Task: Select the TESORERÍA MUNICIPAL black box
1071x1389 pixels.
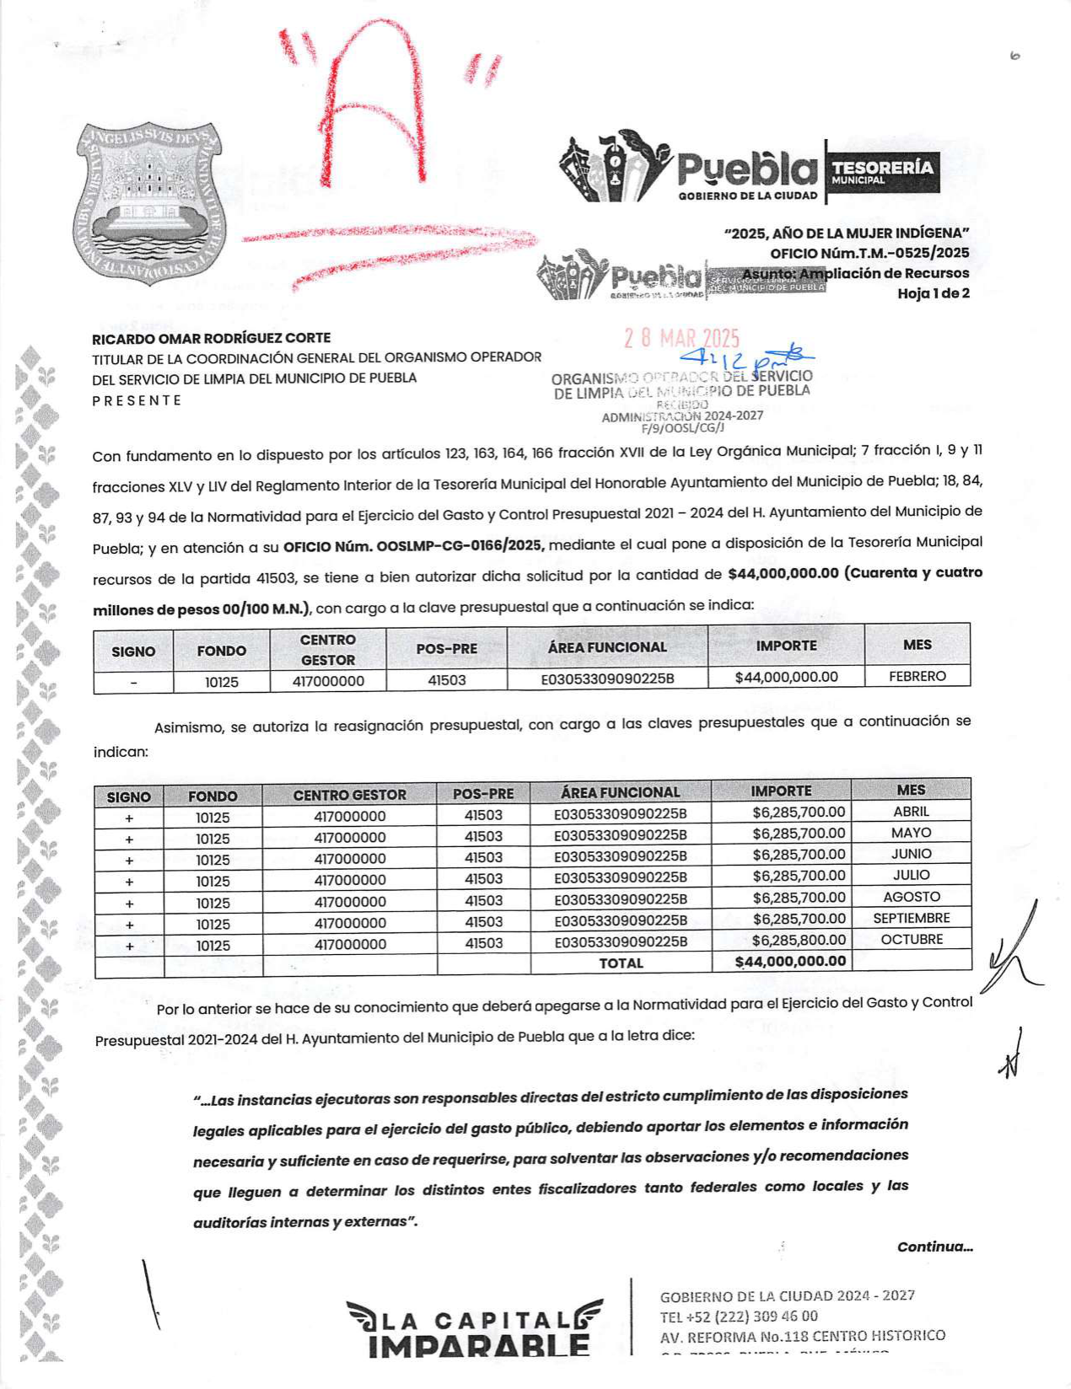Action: pyautogui.click(x=882, y=172)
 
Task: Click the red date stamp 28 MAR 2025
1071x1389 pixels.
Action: pyautogui.click(x=681, y=339)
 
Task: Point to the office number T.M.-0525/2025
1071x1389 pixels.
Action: pyautogui.click(x=869, y=253)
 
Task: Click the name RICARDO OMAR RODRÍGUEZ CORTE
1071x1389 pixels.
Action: pyautogui.click(x=211, y=338)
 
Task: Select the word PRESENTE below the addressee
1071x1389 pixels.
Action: pyautogui.click(x=137, y=400)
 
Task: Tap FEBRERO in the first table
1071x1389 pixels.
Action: pyautogui.click(x=917, y=676)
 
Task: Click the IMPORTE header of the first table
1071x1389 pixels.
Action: pyautogui.click(x=786, y=646)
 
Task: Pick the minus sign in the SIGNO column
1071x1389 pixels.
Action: pyautogui.click(x=133, y=682)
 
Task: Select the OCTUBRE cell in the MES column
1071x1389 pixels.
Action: pyautogui.click(x=911, y=939)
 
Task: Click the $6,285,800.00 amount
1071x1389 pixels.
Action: pyautogui.click(x=798, y=940)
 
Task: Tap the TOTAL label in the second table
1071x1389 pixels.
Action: pyautogui.click(x=621, y=963)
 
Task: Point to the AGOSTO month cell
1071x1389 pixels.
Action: pyautogui.click(x=911, y=897)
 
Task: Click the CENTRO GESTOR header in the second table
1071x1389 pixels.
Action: pyautogui.click(x=349, y=795)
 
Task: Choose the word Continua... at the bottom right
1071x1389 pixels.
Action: pyautogui.click(x=934, y=1247)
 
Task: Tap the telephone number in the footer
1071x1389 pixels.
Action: pyautogui.click(x=739, y=1316)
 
